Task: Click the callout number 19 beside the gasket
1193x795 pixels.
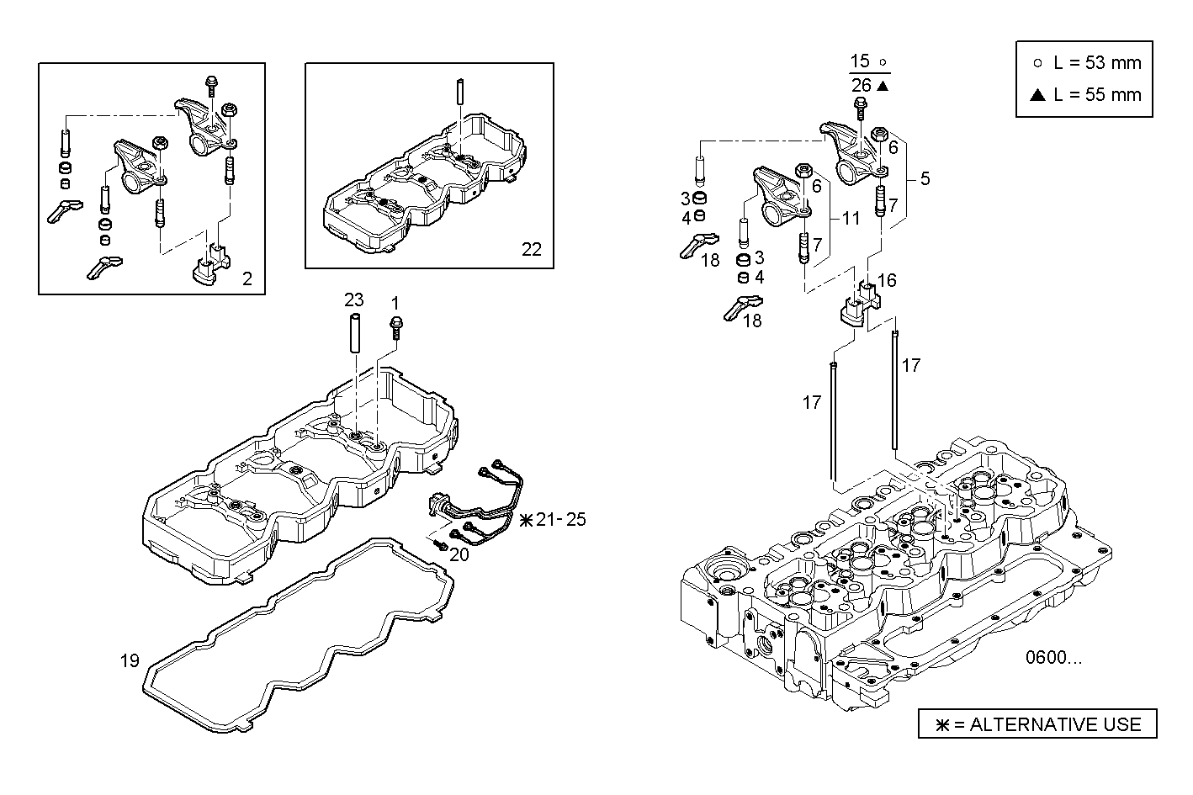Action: [x=129, y=660]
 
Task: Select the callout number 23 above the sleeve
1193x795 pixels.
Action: [x=354, y=299]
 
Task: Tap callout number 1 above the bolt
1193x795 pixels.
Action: [x=395, y=301]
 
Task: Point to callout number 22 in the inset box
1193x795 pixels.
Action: [x=532, y=249]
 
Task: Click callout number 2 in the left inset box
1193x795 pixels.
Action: [x=247, y=278]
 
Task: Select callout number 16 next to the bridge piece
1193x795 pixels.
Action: [x=887, y=280]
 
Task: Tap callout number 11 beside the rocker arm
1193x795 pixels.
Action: [x=851, y=218]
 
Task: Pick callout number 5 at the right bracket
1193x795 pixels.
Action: [x=925, y=178]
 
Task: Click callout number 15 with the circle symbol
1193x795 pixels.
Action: [x=860, y=61]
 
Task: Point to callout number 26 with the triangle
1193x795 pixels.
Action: [x=861, y=85]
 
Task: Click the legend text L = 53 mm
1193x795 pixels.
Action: [x=1097, y=63]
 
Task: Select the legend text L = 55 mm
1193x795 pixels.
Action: [x=1097, y=94]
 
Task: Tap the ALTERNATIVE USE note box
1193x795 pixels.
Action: [x=1037, y=724]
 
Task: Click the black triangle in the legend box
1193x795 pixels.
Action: [x=1037, y=94]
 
